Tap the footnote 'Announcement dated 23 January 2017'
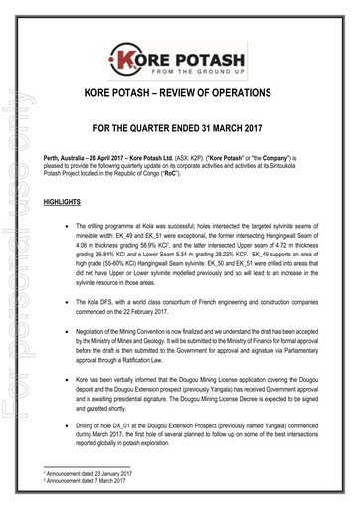click(90, 477)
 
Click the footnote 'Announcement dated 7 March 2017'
click(89, 484)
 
